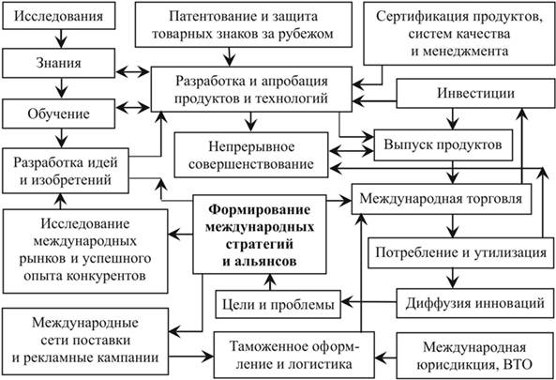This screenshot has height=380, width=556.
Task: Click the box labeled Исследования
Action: click(x=59, y=16)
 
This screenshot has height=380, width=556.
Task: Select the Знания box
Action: click(x=59, y=63)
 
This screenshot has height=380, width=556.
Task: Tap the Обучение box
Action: click(x=59, y=114)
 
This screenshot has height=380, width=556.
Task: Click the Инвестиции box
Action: click(x=475, y=93)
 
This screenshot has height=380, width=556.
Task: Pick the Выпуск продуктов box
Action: click(x=443, y=144)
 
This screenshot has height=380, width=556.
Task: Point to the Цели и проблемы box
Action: click(x=278, y=304)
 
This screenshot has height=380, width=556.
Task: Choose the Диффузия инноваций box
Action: click(x=474, y=303)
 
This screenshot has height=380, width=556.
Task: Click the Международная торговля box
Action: click(x=441, y=199)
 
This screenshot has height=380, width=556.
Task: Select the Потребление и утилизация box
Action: click(x=461, y=252)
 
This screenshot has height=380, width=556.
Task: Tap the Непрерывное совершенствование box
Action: click(x=251, y=155)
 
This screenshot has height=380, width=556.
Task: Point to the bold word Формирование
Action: click(x=259, y=209)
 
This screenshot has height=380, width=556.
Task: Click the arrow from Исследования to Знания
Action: click(x=62, y=38)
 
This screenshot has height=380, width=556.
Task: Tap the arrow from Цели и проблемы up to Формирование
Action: click(x=270, y=282)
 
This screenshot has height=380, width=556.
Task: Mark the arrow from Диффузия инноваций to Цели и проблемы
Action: click(x=368, y=303)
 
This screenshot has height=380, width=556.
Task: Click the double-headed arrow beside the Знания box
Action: click(x=133, y=71)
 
